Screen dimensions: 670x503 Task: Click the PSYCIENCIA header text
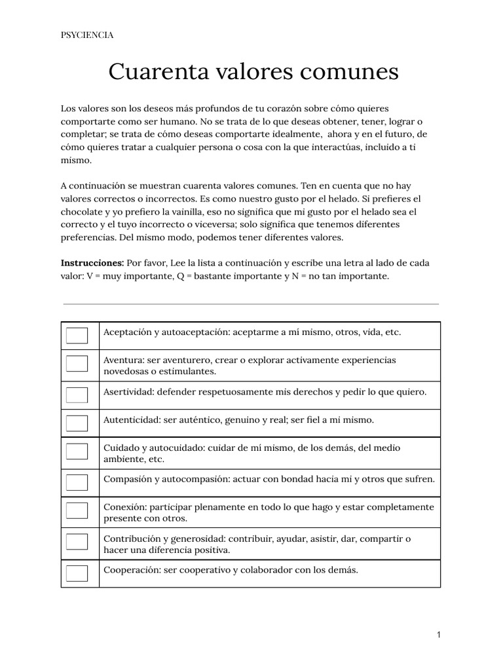click(87, 35)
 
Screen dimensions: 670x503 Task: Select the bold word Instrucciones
click(92, 262)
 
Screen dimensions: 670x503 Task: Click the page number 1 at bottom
click(438, 635)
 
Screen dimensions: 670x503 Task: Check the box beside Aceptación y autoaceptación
click(77, 336)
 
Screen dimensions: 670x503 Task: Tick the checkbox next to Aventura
click(77, 364)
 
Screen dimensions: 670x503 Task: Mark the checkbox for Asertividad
click(77, 395)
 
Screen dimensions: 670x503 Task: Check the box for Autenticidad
click(77, 423)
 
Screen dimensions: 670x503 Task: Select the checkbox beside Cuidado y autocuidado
click(77, 452)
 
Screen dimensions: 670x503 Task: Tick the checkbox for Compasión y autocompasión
click(77, 482)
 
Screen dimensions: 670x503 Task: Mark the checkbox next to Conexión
click(77, 511)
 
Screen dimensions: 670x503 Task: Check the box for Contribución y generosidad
click(77, 542)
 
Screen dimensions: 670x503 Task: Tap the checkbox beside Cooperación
click(77, 573)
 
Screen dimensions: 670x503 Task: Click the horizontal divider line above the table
click(251, 304)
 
